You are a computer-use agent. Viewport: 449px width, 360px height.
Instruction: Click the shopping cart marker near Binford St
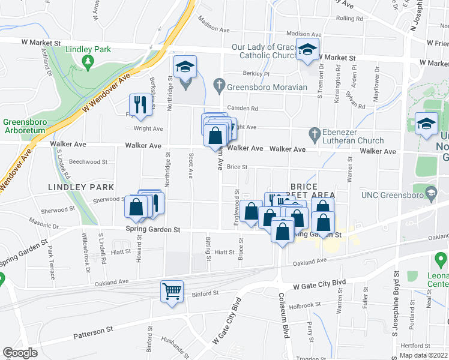172,292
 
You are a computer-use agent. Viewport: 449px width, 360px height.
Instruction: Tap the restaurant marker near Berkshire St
138,104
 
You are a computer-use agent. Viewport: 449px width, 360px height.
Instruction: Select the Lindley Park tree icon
88,61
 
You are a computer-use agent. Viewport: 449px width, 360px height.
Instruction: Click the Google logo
20,353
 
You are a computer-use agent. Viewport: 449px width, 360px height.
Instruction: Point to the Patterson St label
93,331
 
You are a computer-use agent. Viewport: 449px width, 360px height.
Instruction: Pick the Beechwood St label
88,162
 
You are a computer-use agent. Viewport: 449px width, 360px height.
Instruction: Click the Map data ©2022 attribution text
423,355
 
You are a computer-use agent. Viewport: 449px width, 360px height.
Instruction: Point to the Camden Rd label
246,109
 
